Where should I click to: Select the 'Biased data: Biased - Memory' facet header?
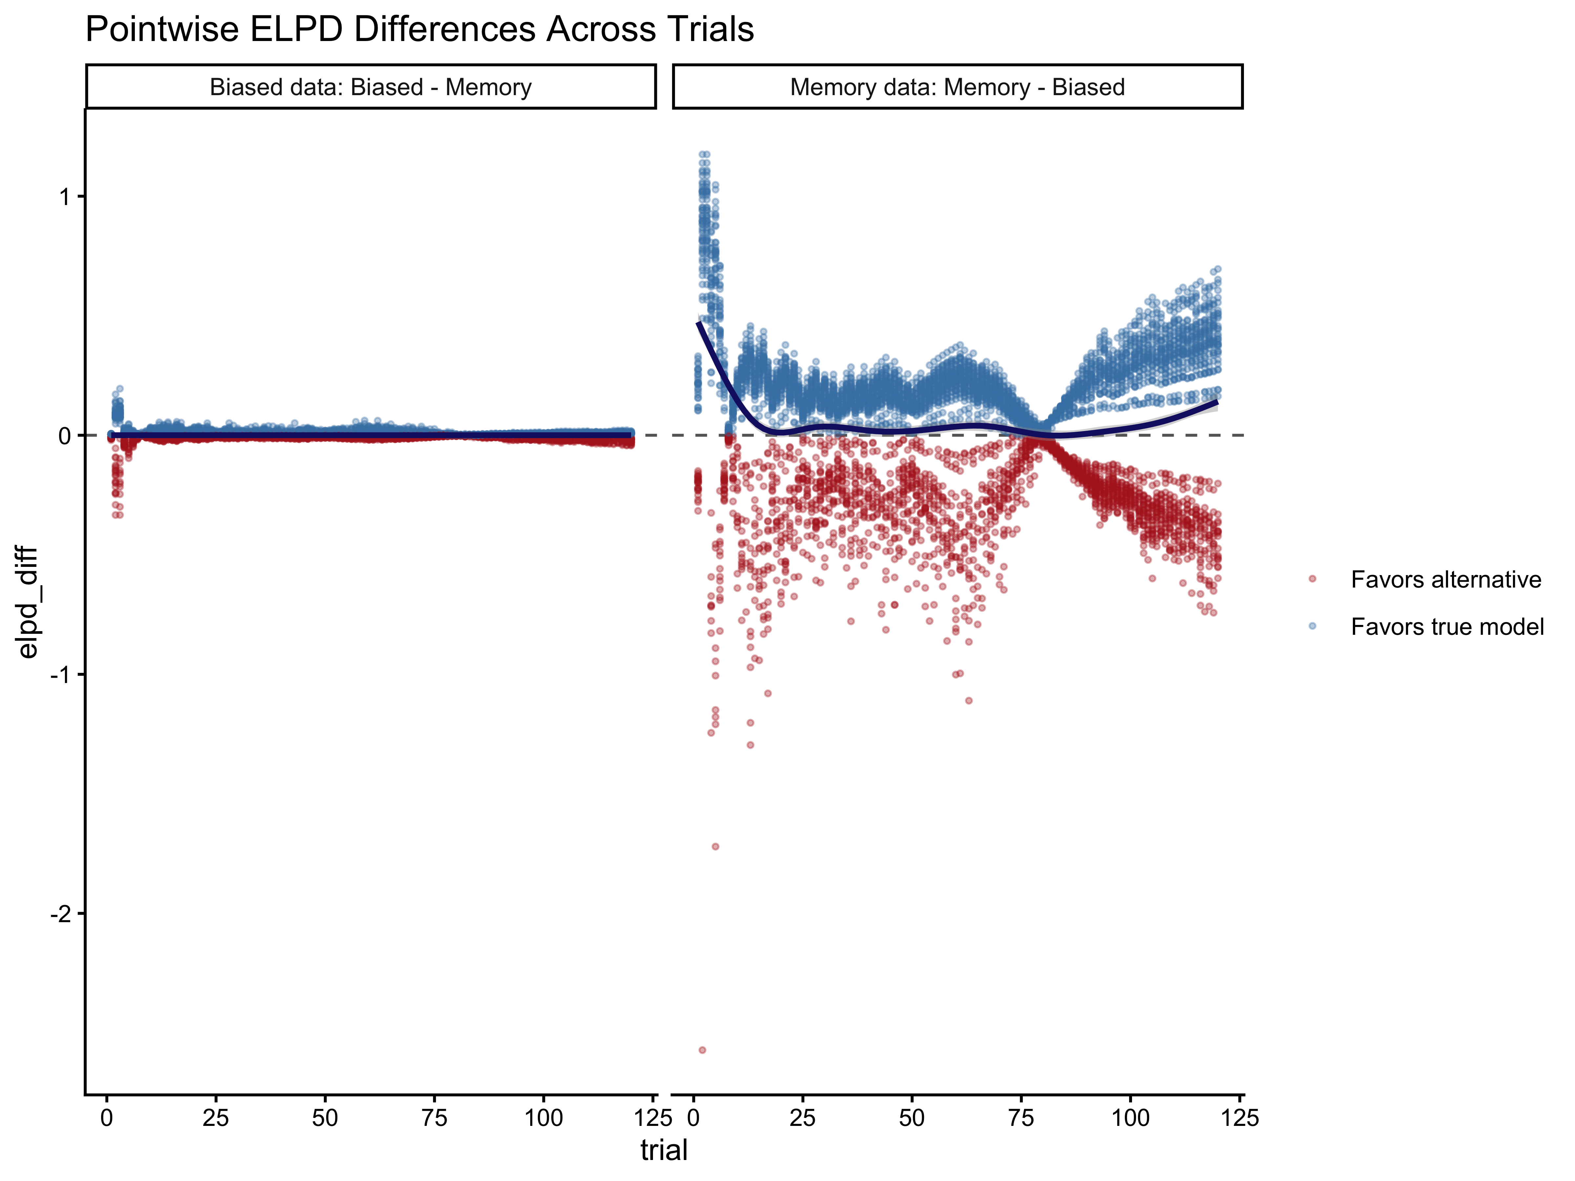pyautogui.click(x=370, y=87)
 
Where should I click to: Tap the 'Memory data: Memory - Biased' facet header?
pyautogui.click(x=957, y=87)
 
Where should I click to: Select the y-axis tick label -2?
pyautogui.click(x=61, y=914)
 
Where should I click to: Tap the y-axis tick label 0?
pyautogui.click(x=66, y=436)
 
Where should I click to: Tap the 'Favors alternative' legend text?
pyautogui.click(x=1445, y=579)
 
